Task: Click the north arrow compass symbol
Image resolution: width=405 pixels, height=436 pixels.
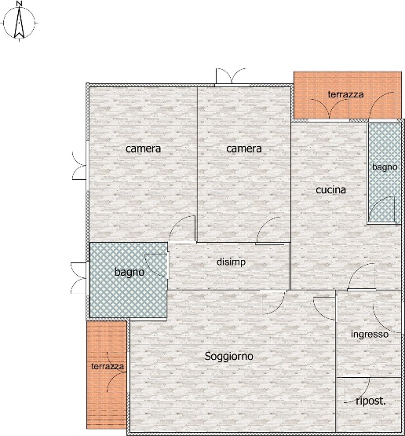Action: [19, 23]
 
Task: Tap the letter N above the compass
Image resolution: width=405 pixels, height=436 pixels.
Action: [19, 4]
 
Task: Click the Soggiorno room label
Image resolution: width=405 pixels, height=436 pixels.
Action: [229, 356]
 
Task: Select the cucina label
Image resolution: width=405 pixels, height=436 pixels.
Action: [331, 190]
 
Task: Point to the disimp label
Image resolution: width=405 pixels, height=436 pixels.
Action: [231, 262]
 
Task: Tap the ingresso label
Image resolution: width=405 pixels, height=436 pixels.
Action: [370, 335]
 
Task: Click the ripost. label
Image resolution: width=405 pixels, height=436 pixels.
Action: [370, 401]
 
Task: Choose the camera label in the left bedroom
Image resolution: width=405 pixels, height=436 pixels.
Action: [143, 148]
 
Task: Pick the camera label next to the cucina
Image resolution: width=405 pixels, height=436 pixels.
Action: [244, 148]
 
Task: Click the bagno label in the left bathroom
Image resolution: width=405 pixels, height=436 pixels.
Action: [130, 273]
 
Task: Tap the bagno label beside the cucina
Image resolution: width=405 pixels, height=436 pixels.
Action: [385, 167]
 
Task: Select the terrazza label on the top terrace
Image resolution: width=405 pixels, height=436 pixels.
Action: [345, 94]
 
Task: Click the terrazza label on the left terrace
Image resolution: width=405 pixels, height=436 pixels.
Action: [108, 367]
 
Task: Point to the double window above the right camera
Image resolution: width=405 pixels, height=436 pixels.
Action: [231, 76]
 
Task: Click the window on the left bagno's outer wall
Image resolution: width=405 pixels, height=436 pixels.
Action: [79, 278]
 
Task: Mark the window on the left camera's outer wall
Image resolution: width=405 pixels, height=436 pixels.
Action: [79, 166]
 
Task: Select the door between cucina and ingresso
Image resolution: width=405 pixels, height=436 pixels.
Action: [362, 277]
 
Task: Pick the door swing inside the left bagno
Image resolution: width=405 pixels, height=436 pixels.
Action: [156, 266]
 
